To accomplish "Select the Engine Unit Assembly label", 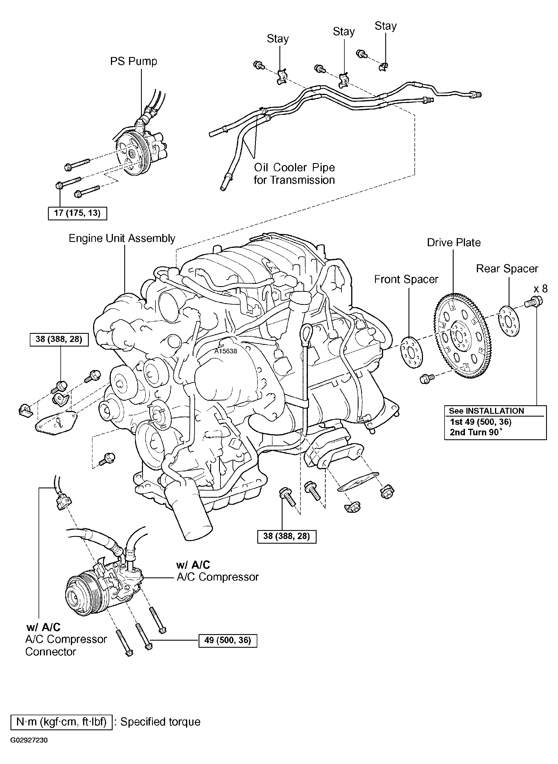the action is (x=122, y=238).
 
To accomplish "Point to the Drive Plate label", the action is (x=454, y=242).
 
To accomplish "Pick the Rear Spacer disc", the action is (x=509, y=321).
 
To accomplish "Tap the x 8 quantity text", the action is (x=540, y=289).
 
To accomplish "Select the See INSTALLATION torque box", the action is (x=495, y=422).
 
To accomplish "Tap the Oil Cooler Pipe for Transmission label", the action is (x=294, y=174).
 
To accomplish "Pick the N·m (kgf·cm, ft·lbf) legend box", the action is (x=62, y=722).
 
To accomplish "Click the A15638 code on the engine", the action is (x=226, y=351).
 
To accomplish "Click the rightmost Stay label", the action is (x=386, y=26).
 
